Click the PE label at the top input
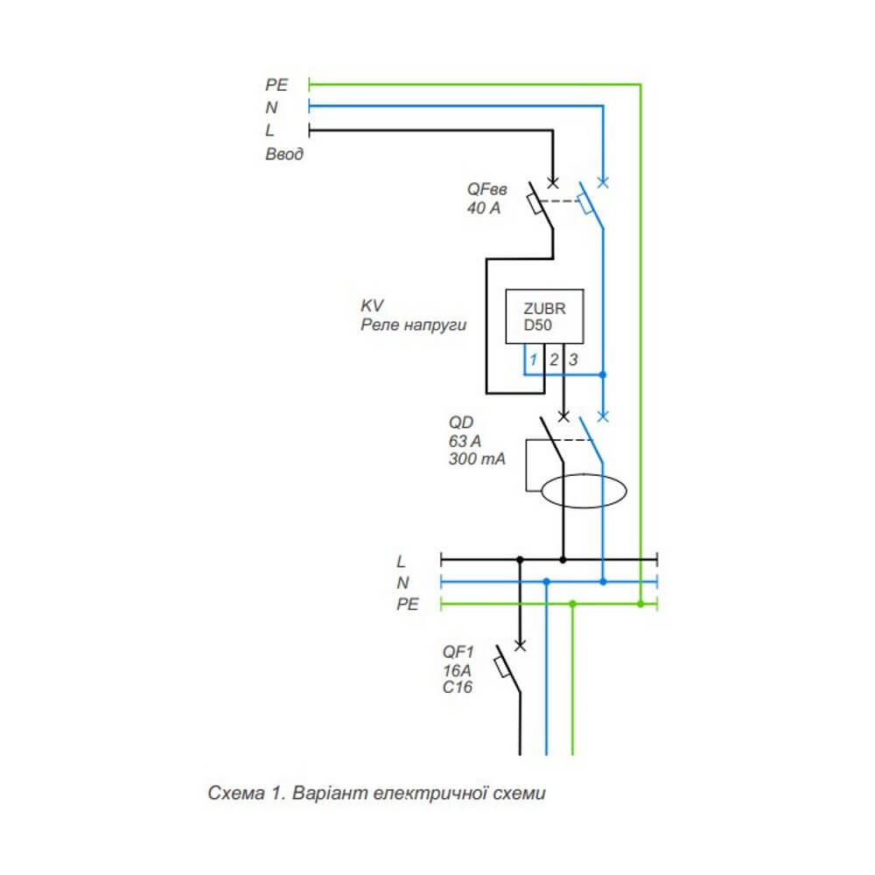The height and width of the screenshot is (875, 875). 276,85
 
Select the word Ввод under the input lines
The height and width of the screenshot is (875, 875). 285,154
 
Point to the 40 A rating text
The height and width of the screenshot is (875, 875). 484,208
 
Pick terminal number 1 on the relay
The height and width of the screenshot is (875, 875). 533,359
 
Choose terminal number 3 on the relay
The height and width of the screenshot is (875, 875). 573,359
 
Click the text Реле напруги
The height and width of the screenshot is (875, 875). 414,325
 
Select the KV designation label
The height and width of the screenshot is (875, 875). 372,306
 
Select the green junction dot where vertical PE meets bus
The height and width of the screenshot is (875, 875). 641,604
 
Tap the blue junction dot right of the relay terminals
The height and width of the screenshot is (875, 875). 603,374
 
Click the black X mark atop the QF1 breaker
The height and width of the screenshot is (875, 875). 520,646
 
